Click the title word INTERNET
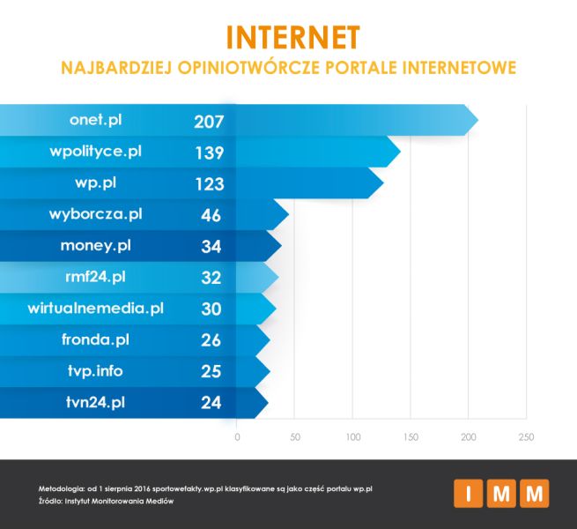tap(292, 36)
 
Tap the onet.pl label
tap(94, 120)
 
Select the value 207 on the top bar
tap(210, 121)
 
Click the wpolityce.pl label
tap(95, 152)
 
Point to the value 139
tap(210, 153)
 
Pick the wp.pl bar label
tap(95, 183)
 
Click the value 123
tap(210, 184)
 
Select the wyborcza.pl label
tap(95, 214)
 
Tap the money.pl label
tap(95, 245)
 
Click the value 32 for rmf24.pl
tap(211, 278)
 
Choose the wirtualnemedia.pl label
tap(95, 309)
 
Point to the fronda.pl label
tap(95, 339)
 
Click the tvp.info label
tap(95, 371)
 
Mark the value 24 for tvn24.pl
tap(211, 403)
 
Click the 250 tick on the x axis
tap(526, 436)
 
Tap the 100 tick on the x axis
tap(353, 436)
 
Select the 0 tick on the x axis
tap(237, 436)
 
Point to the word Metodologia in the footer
tap(63, 488)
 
